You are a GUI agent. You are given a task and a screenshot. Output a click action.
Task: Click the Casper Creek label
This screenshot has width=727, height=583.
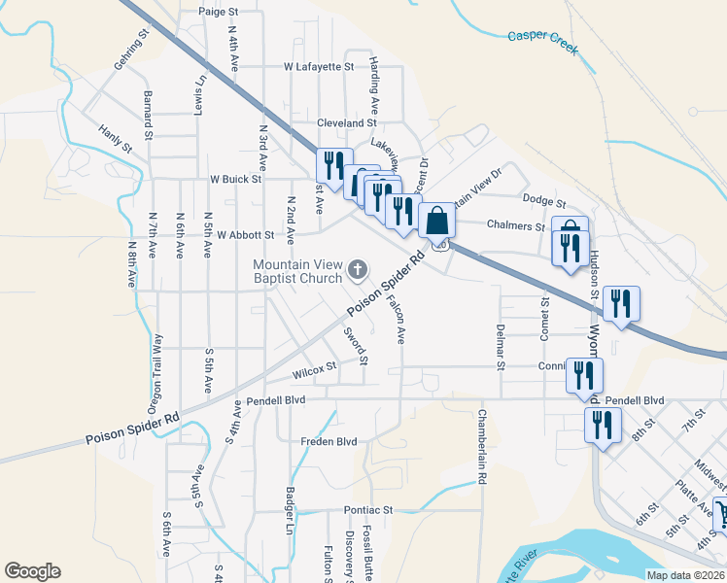pyautogui.click(x=542, y=43)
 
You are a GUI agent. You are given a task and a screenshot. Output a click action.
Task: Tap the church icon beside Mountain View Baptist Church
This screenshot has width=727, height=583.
pyautogui.click(x=359, y=269)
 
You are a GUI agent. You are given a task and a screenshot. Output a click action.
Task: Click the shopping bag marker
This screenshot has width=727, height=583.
pyautogui.click(x=436, y=222)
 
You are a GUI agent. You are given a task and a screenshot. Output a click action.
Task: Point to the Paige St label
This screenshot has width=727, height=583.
pyautogui.click(x=218, y=12)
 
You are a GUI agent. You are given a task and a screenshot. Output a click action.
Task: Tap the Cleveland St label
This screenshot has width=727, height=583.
pyautogui.click(x=345, y=123)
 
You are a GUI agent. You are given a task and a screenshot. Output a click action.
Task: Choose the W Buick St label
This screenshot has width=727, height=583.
pyautogui.click(x=236, y=179)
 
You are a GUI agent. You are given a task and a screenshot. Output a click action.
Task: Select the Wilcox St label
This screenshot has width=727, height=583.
pyautogui.click(x=313, y=370)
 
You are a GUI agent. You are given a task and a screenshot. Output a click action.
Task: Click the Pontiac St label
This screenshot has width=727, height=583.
pyautogui.click(x=364, y=509)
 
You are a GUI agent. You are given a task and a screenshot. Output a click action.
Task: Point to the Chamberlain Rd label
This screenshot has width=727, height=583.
pyautogui.click(x=480, y=446)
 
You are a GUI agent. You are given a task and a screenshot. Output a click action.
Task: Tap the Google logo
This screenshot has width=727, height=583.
pyautogui.click(x=32, y=570)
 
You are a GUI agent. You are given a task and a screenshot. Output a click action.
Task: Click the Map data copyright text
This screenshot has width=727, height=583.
pyautogui.click(x=684, y=575)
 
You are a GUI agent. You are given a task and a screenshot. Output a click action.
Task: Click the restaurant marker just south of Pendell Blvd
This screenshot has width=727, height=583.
pyautogui.click(x=603, y=425)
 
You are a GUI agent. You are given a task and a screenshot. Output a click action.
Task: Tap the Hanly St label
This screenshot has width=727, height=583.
pyautogui.click(x=115, y=137)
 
